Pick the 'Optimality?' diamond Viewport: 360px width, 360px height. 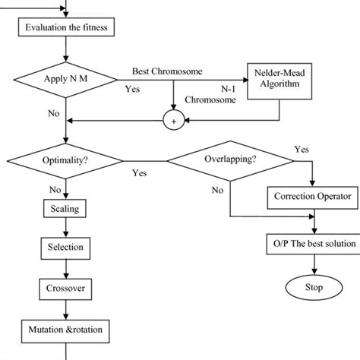(x=68, y=161)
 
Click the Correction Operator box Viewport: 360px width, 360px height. (x=313, y=197)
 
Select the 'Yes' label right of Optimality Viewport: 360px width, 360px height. (x=139, y=173)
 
